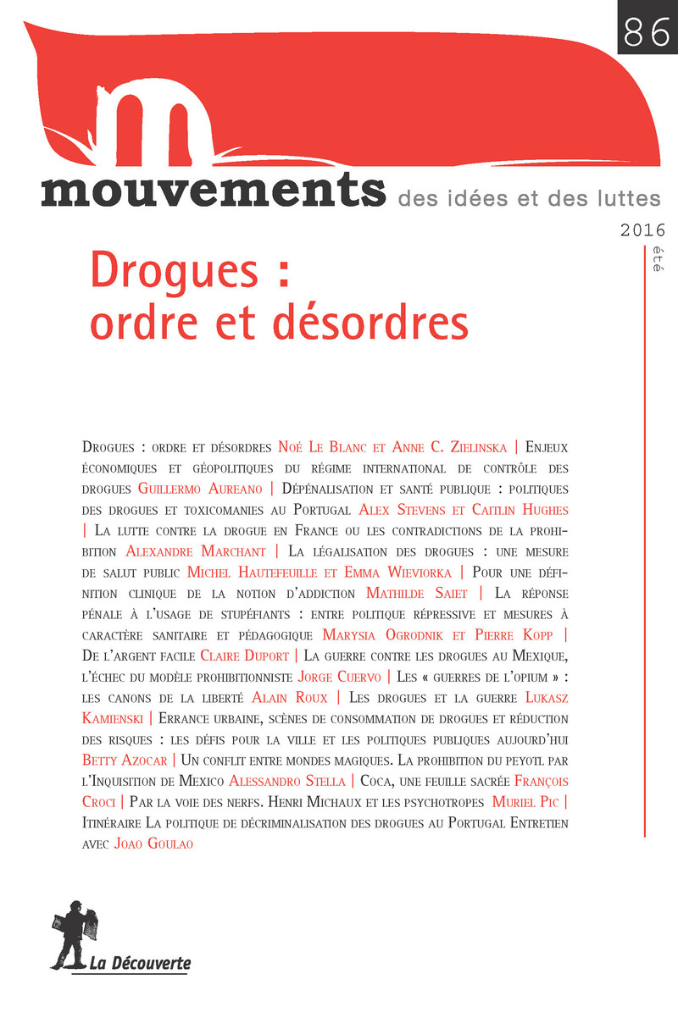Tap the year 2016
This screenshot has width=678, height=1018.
[x=642, y=229]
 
